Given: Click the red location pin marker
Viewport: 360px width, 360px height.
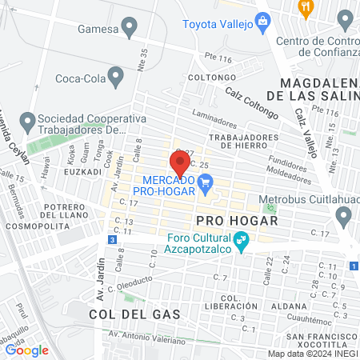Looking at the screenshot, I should [x=180, y=162].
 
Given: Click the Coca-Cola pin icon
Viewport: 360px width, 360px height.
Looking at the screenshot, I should [x=117, y=78].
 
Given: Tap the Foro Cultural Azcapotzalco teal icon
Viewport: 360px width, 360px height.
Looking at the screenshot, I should [x=240, y=238].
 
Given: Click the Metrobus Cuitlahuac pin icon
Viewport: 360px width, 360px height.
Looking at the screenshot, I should [x=344, y=215].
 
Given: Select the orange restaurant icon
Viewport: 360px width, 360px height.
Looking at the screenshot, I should [x=305, y=8].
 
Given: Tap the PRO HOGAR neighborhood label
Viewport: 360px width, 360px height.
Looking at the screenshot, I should [x=224, y=218].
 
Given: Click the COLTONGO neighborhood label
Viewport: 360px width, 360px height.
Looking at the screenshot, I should [x=209, y=78].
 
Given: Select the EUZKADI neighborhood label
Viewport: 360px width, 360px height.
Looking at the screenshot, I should [x=82, y=171].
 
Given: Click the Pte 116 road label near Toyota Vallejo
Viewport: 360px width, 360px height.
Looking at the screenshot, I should [x=217, y=59].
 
